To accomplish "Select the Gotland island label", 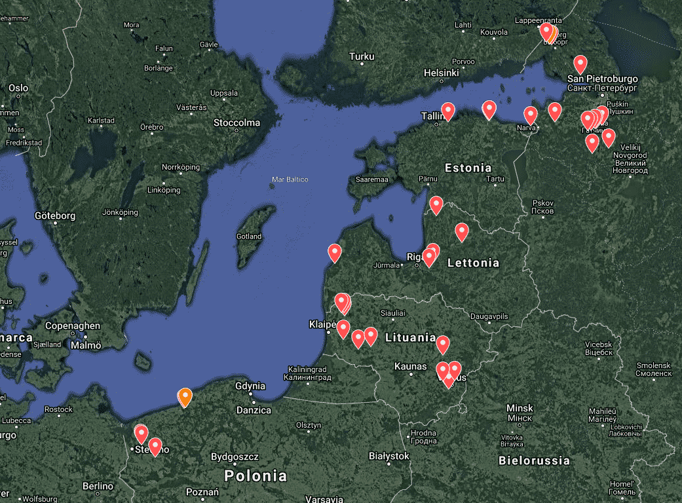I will [249, 236].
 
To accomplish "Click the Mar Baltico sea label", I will [290, 179].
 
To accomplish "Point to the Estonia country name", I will [468, 168].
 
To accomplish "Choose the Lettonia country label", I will [473, 263].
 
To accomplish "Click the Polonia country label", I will [256, 475].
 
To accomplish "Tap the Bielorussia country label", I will [534, 460].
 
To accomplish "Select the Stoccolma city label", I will [237, 122].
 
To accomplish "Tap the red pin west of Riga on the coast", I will [335, 252].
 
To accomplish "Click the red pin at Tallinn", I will [448, 111].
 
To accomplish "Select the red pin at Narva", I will [531, 115].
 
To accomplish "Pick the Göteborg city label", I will [55, 215].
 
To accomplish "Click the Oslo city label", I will [18, 88].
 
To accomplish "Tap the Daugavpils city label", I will [489, 316].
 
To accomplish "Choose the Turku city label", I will [362, 57].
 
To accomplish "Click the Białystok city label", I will [389, 456].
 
